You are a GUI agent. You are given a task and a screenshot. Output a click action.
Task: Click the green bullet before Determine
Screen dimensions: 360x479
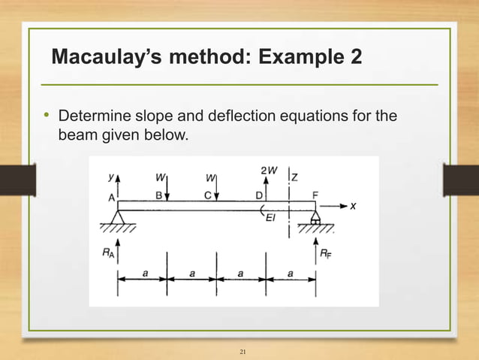click(x=45, y=116)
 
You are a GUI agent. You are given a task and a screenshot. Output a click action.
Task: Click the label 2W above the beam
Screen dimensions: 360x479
click(x=269, y=171)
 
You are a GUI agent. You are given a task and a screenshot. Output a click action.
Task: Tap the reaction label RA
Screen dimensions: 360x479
click(x=110, y=254)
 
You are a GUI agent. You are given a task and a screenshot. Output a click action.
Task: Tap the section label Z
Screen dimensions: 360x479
click(x=294, y=177)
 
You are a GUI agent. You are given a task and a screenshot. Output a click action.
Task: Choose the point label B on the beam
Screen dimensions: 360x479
click(x=159, y=195)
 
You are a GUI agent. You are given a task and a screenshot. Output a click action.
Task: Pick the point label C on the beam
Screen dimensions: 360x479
click(x=207, y=195)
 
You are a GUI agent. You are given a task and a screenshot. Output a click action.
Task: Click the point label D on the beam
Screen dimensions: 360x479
click(x=258, y=195)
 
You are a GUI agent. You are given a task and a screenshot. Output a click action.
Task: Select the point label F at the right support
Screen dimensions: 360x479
click(x=315, y=195)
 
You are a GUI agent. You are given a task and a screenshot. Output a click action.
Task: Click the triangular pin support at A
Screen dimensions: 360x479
click(x=117, y=218)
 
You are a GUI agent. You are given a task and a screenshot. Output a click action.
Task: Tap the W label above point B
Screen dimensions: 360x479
click(x=160, y=178)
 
